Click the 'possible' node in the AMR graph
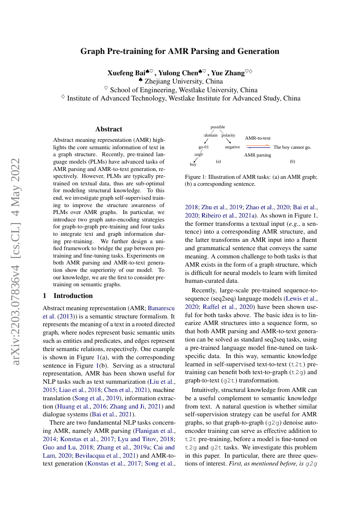[218, 127]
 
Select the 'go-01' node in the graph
[204, 147]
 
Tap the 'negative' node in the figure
[232, 147]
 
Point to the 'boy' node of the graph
[193, 164]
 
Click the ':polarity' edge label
[228, 135]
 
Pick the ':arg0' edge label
[198, 154]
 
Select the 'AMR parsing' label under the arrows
[257, 155]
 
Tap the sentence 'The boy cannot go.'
[292, 147]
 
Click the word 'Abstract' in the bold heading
[109, 129]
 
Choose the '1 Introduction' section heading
[68, 296]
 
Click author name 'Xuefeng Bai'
[126, 73]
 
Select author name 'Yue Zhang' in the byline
[228, 73]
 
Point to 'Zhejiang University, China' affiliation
[184, 81]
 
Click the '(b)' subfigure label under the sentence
[293, 161]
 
